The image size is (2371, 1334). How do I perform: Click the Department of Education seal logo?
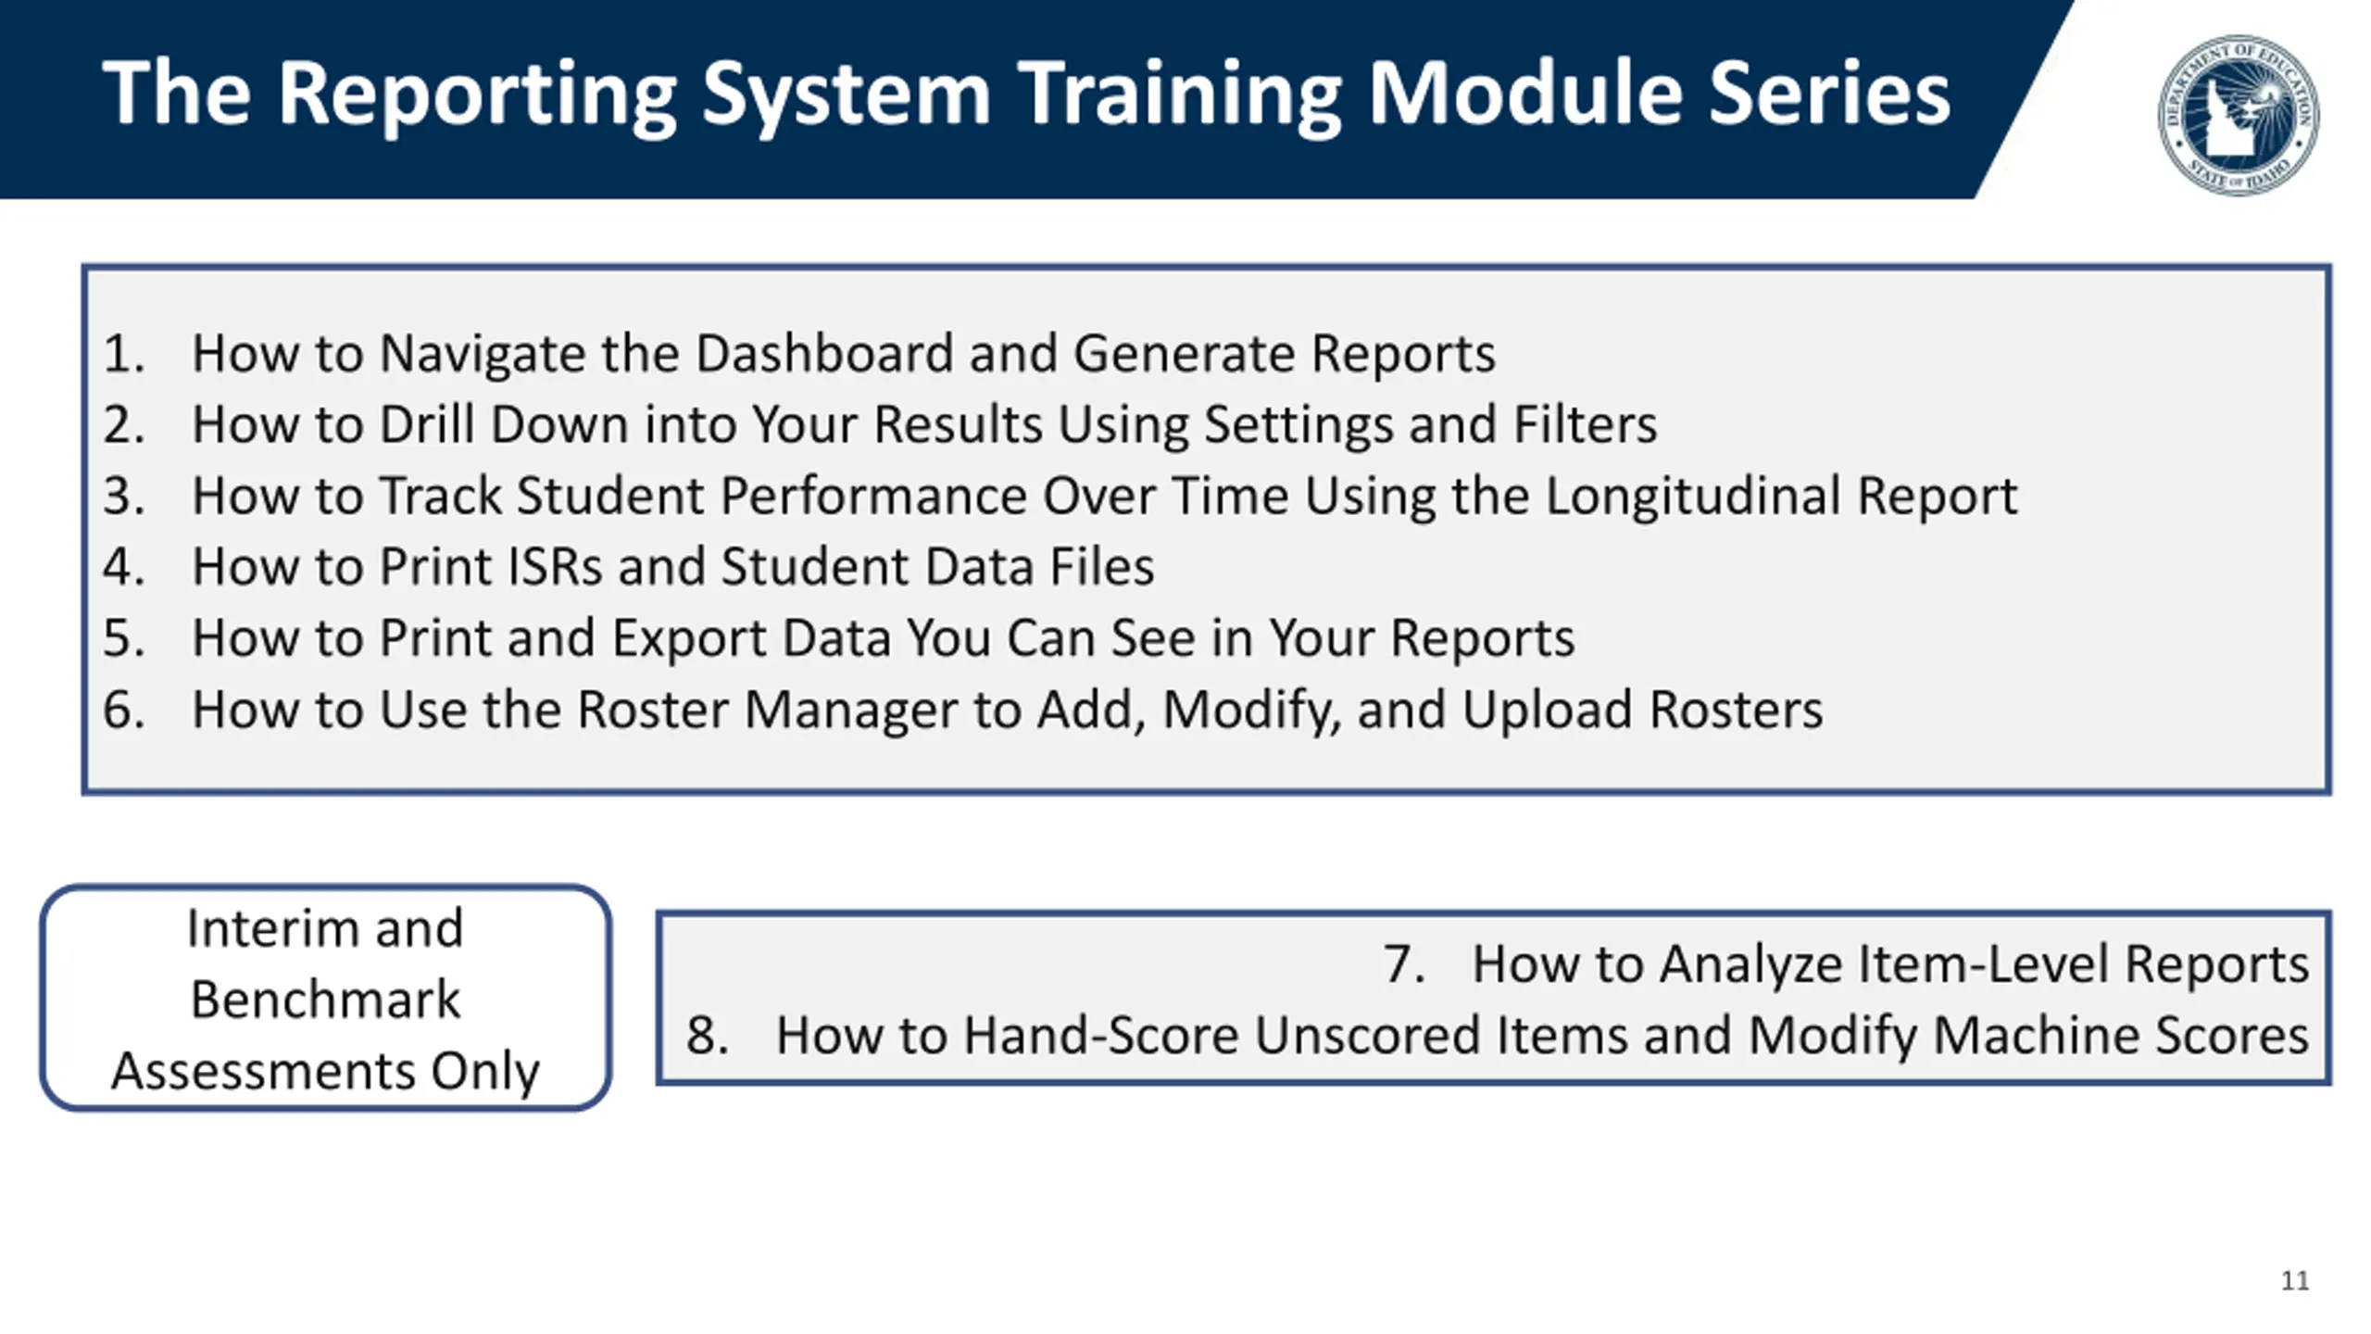click(x=2239, y=115)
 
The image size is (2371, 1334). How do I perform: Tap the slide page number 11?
click(x=2295, y=1280)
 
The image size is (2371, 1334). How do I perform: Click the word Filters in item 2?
click(x=1585, y=425)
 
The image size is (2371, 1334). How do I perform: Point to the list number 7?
click(x=1404, y=964)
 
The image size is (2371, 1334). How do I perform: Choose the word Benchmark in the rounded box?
click(x=325, y=1000)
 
